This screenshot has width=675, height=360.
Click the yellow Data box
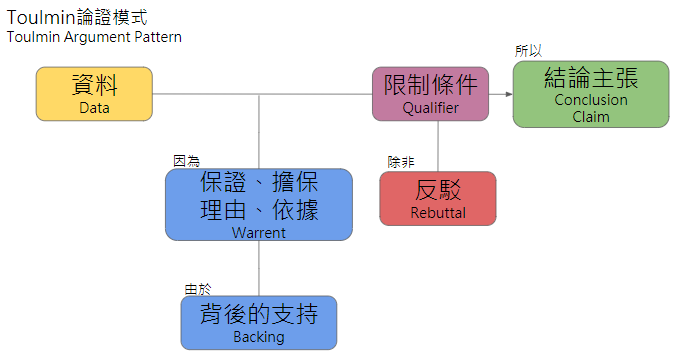click(94, 94)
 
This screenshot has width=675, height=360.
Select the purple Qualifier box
click(430, 94)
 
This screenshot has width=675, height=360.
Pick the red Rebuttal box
click(437, 198)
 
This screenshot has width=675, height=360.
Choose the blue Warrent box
click(258, 204)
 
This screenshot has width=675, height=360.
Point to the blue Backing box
click(258, 322)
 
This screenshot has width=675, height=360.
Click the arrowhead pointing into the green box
click(507, 94)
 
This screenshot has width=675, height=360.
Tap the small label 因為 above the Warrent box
click(186, 160)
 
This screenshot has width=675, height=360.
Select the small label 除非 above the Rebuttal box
click(400, 161)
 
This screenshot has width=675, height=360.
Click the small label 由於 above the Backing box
click(198, 289)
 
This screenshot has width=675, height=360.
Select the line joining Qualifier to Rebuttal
click(437, 146)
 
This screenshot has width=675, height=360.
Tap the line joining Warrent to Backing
click(259, 268)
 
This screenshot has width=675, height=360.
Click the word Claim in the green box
click(590, 116)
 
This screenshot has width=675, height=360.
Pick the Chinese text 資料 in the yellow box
click(94, 84)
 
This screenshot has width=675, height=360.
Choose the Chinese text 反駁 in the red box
click(437, 190)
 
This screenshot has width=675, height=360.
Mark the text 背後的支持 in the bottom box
click(258, 314)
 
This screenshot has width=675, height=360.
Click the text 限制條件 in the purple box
click(430, 84)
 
